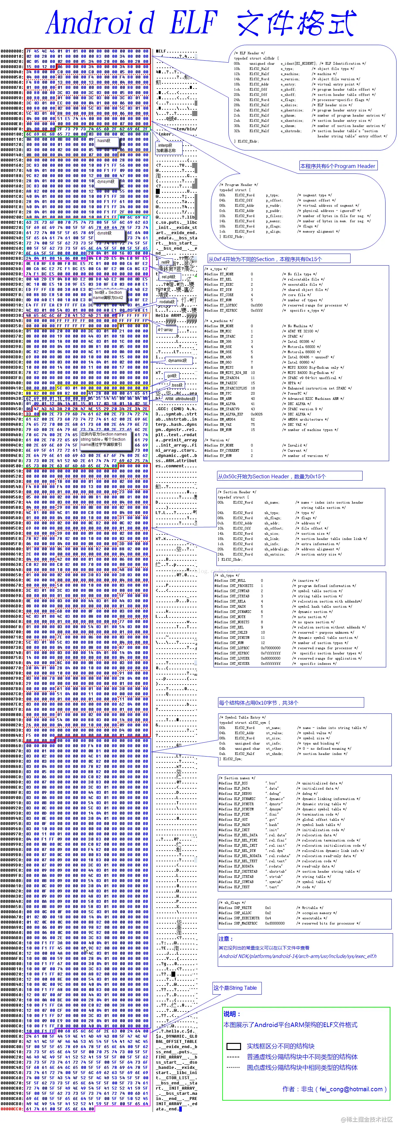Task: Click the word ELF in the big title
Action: [193, 22]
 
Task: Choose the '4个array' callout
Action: [166, 329]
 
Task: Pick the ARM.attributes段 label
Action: [180, 399]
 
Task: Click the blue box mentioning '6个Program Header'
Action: [338, 166]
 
